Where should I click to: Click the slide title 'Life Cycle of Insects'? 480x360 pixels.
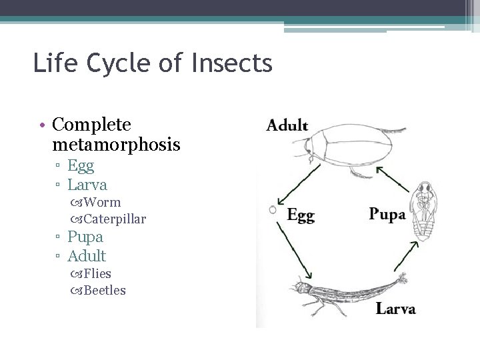[x=153, y=64]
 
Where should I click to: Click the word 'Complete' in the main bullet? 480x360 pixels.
[x=91, y=125]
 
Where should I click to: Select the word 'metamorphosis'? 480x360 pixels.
[x=115, y=144]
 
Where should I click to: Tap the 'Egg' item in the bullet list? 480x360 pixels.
[x=81, y=165]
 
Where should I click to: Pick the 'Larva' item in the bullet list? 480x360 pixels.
[x=87, y=184]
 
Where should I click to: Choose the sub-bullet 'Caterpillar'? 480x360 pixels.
[x=115, y=219]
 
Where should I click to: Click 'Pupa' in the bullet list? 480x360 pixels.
[x=85, y=237]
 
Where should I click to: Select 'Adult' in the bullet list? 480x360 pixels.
[x=87, y=255]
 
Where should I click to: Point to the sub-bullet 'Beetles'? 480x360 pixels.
[x=105, y=291]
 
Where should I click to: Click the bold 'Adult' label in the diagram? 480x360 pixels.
[x=287, y=125]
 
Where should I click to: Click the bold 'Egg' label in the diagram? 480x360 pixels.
[x=300, y=215]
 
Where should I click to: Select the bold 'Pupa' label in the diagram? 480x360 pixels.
[x=387, y=215]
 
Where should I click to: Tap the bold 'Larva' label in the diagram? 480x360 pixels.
[x=395, y=309]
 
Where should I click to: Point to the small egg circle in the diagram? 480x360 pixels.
[x=273, y=209]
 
